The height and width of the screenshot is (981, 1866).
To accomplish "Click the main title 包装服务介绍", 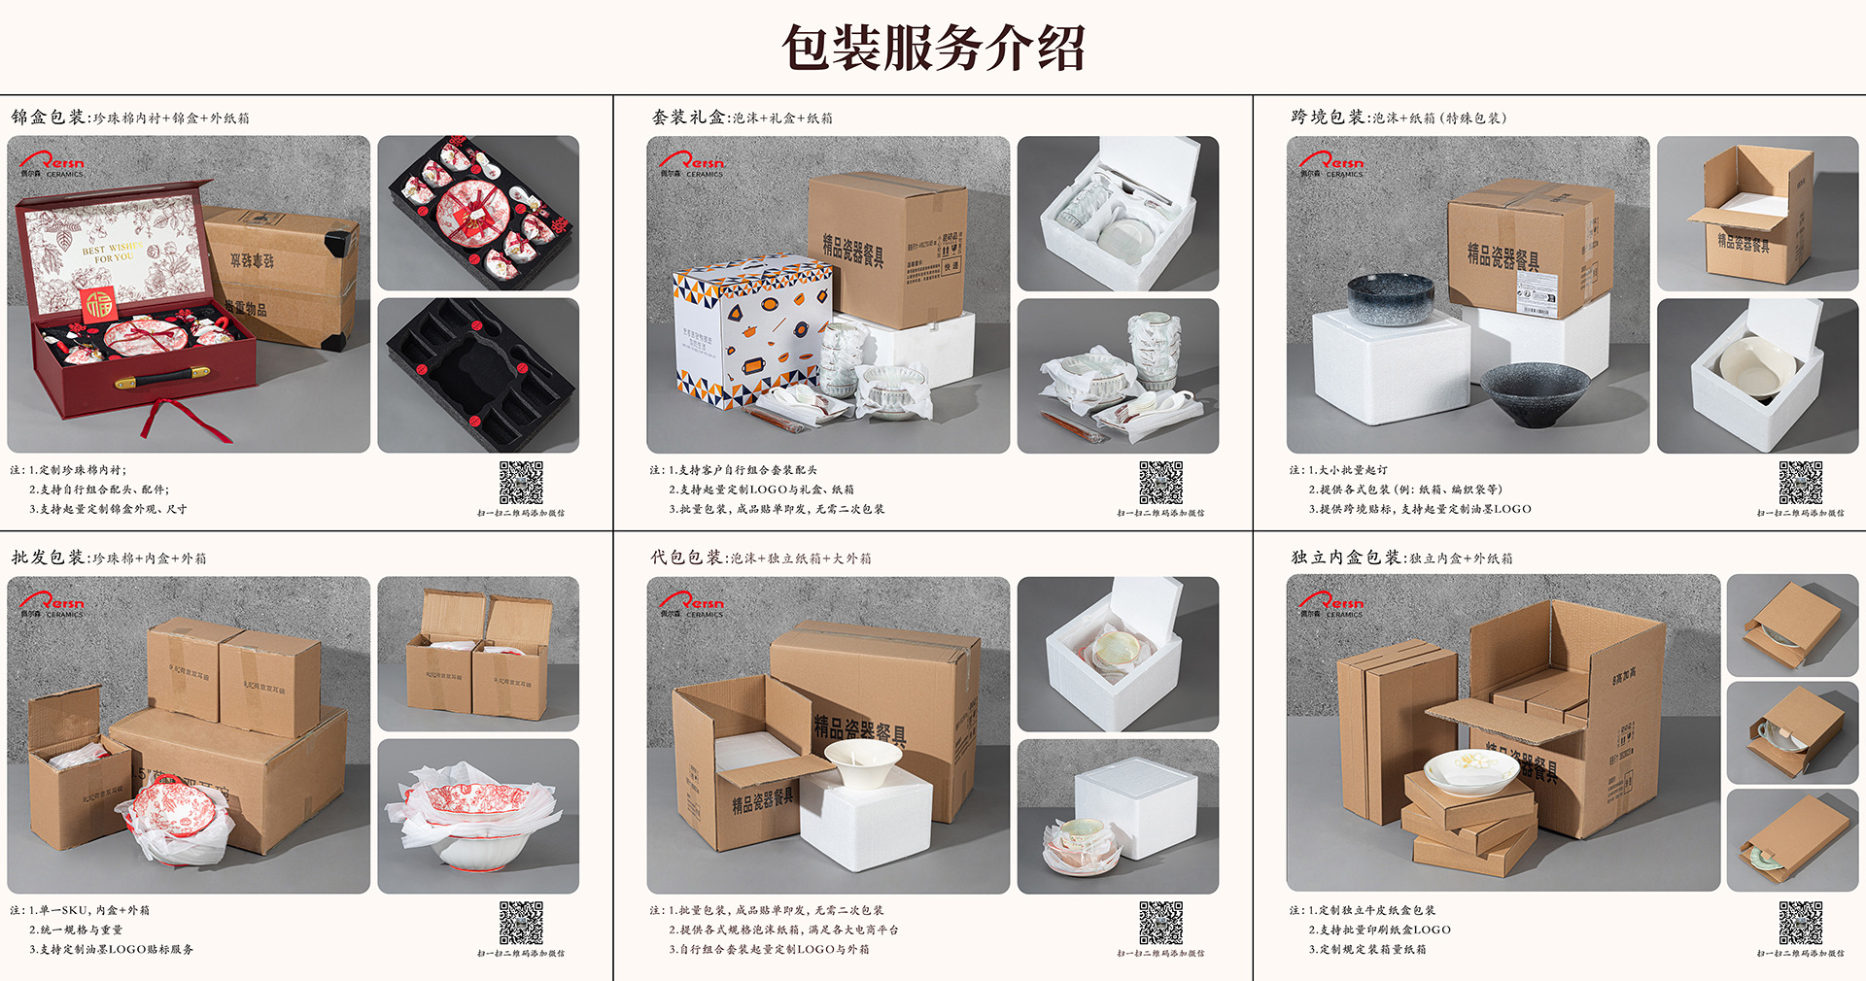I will (933, 49).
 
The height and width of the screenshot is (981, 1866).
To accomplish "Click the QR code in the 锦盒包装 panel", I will (521, 483).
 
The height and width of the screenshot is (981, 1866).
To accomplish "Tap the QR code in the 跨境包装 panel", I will (1800, 483).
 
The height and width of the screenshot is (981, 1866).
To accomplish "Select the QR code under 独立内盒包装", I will (1800, 923).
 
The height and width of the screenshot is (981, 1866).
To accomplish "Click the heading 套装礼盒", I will (688, 118).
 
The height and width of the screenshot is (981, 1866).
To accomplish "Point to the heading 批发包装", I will (48, 558).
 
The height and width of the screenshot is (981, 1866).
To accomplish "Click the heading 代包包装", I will (686, 558).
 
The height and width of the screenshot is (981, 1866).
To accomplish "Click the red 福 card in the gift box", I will (97, 304).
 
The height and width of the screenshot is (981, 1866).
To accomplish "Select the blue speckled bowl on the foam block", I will (1390, 298).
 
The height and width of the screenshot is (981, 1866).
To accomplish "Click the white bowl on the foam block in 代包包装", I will (862, 763).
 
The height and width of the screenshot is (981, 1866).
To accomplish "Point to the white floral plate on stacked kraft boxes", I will (1470, 770).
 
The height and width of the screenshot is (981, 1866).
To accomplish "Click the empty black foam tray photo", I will (478, 375).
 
